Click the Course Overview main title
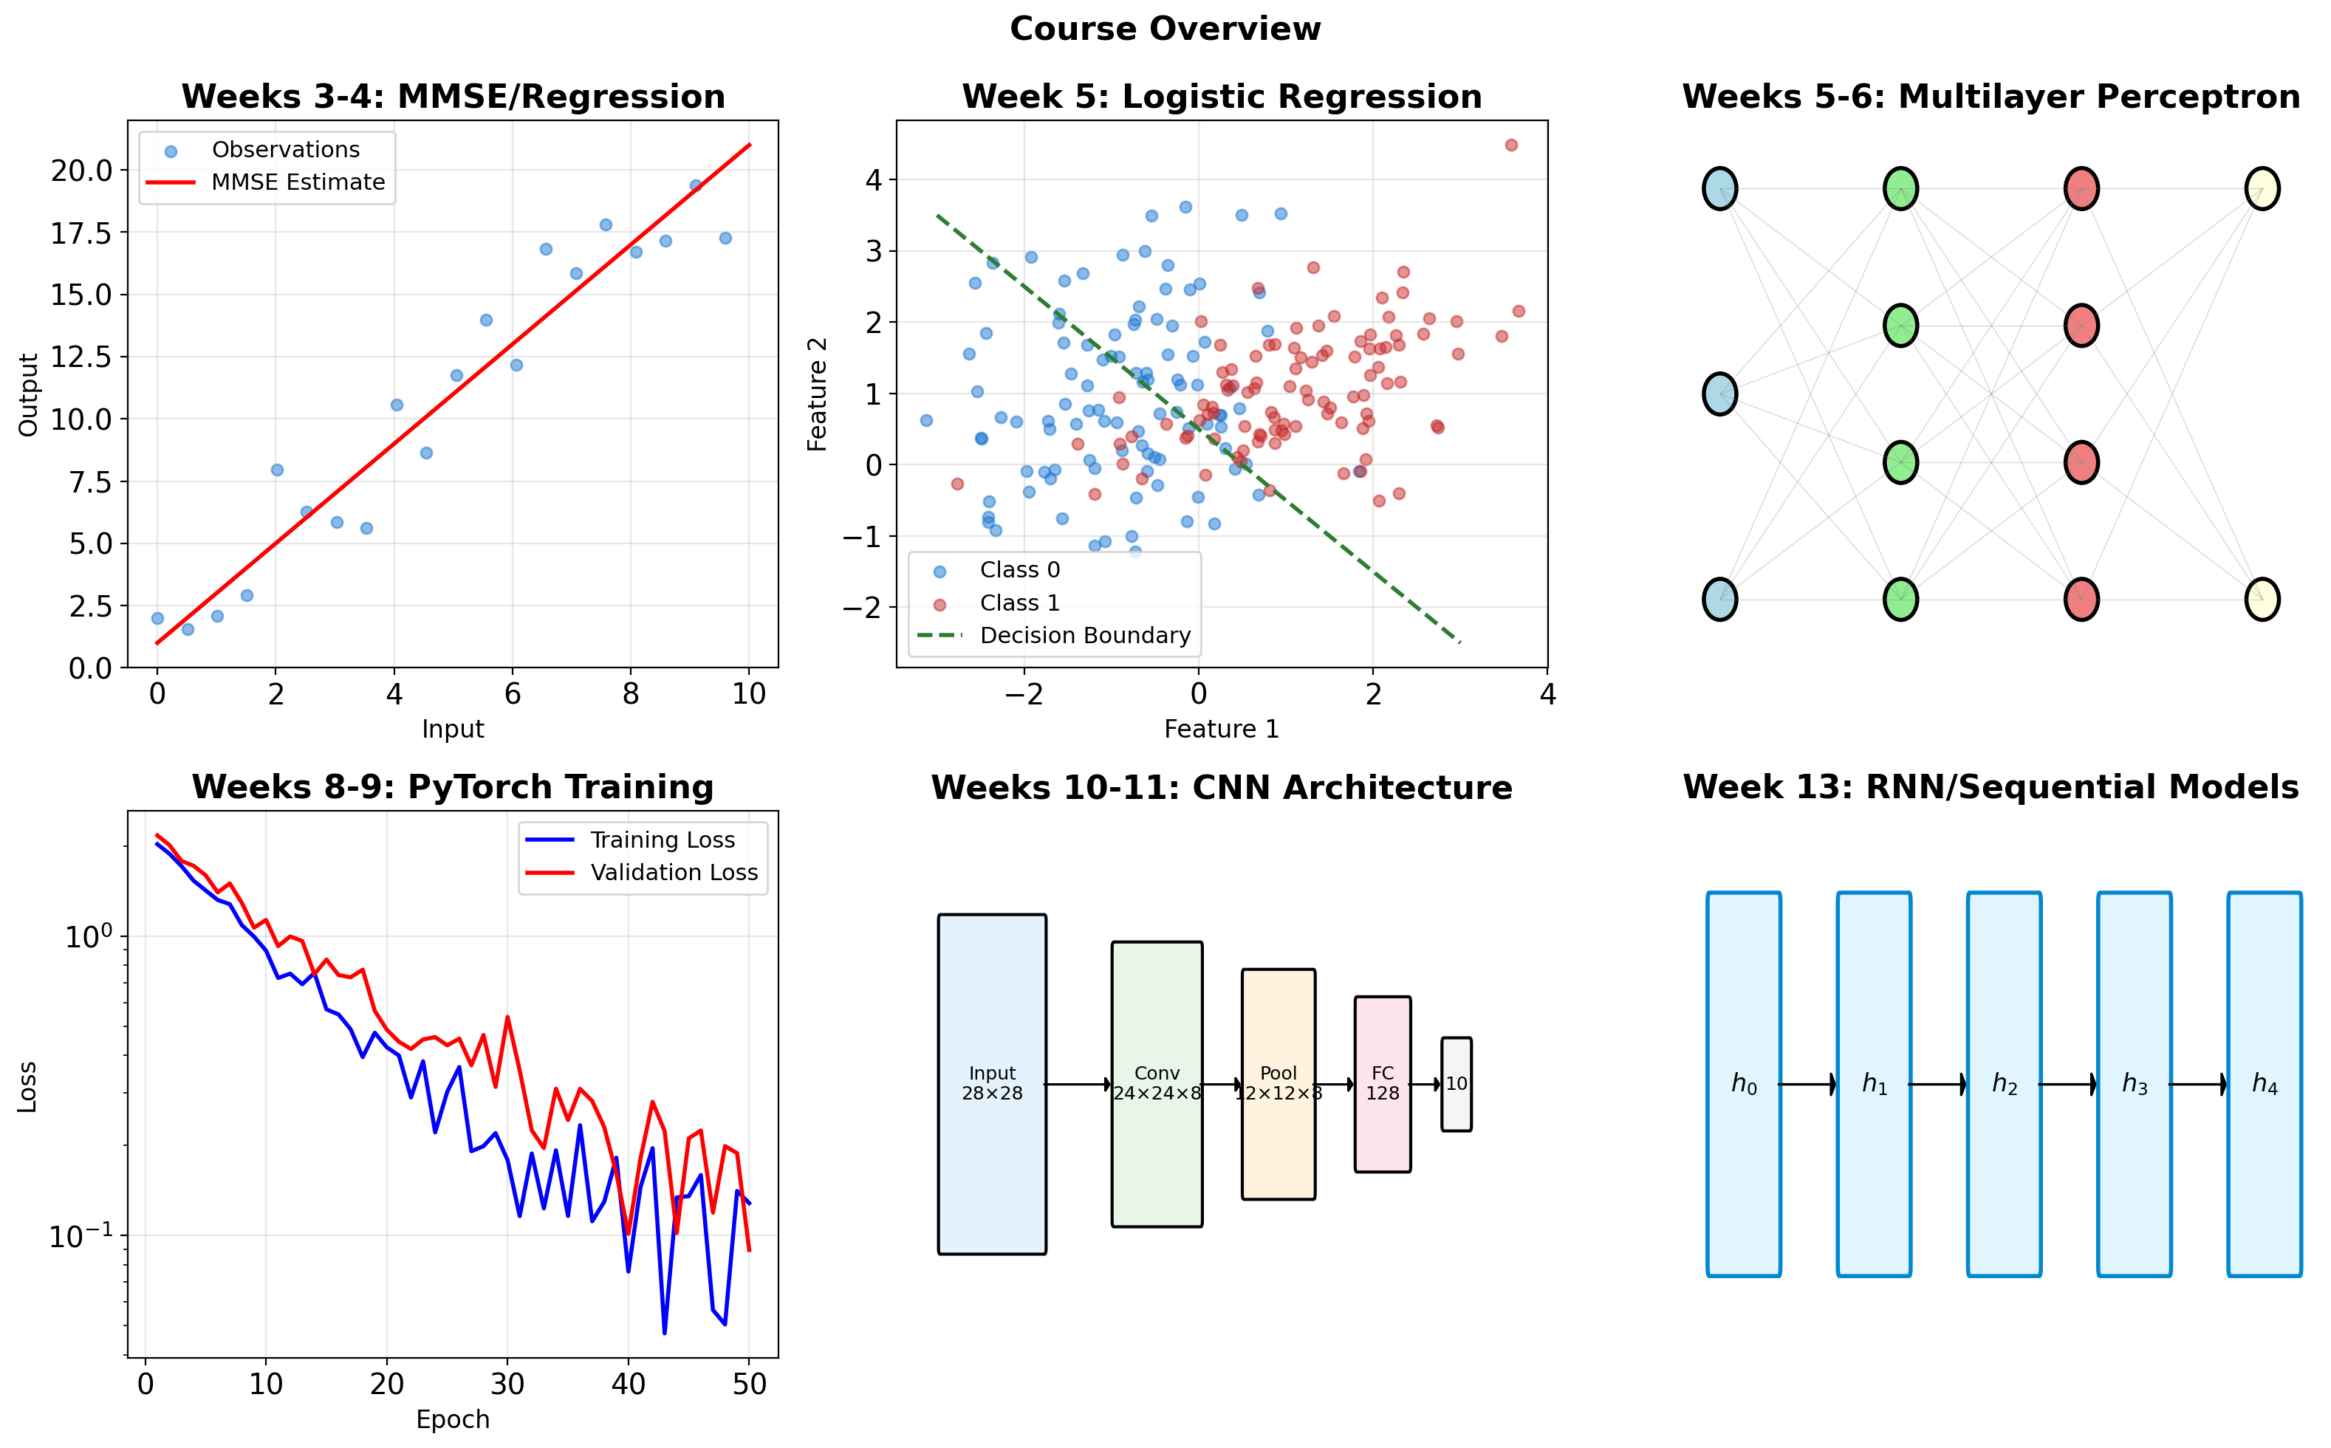click(x=1165, y=29)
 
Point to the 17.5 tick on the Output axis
click(x=81, y=233)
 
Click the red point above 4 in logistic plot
click(x=1510, y=145)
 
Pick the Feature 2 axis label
click(x=817, y=394)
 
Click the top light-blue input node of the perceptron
click(x=1720, y=189)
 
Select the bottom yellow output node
click(x=2262, y=600)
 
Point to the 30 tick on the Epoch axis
click(x=507, y=1384)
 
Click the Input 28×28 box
click(x=992, y=1084)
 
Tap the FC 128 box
click(x=1382, y=1084)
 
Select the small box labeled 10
click(x=1456, y=1084)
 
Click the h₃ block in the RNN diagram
click(x=2134, y=1084)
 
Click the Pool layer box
click(x=1278, y=1084)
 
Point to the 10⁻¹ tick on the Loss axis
click(x=81, y=1236)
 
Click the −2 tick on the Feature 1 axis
click(x=1024, y=693)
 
